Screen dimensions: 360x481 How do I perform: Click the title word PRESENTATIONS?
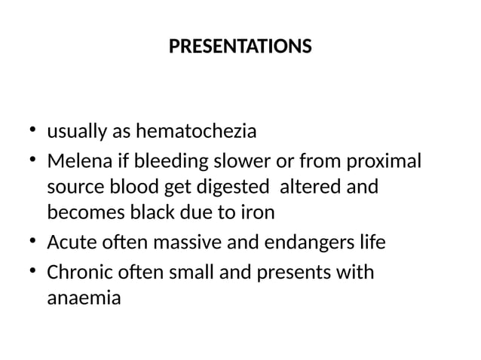[x=240, y=47]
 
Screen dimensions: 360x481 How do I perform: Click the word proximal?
[x=388, y=162]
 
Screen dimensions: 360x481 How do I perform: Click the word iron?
[x=258, y=212]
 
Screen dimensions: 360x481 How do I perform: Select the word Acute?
[x=69, y=244]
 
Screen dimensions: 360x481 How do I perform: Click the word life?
[x=370, y=244]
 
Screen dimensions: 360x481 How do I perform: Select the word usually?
[x=76, y=132]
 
